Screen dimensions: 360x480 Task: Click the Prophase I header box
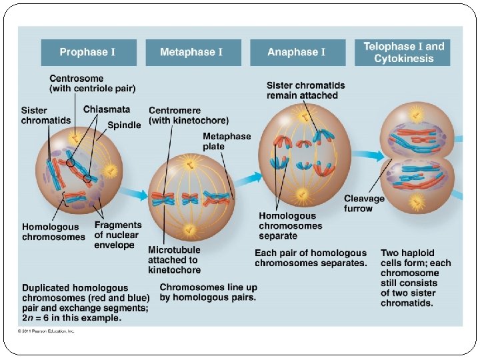[x=88, y=52]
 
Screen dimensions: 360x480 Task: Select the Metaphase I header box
[x=191, y=52]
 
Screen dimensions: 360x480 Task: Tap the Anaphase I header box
[x=297, y=52]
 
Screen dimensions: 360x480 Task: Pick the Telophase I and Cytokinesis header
[x=403, y=52]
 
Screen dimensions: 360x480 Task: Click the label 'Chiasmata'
[x=107, y=109]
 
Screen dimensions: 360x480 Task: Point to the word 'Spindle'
[x=124, y=125]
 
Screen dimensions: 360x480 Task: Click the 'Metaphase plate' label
[x=227, y=141]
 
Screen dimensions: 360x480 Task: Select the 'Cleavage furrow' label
[x=364, y=203]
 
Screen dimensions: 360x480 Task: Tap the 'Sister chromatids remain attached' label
[x=305, y=90]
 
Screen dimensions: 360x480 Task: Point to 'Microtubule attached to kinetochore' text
[x=174, y=260]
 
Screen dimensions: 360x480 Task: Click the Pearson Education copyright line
[x=47, y=331]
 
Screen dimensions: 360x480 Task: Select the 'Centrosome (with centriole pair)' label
[x=92, y=83]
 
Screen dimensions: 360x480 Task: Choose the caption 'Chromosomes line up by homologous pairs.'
[x=208, y=292]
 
